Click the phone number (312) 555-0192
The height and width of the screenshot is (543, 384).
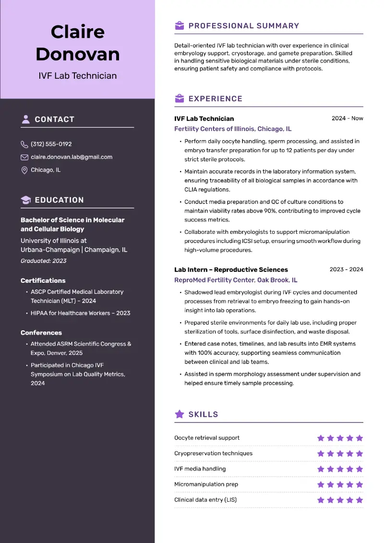tap(51, 144)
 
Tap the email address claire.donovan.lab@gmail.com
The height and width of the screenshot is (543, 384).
tap(72, 157)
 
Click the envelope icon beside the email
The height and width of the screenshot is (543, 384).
tap(24, 157)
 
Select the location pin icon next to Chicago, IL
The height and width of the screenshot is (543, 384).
tap(24, 170)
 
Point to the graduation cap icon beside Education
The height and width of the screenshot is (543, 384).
tap(26, 200)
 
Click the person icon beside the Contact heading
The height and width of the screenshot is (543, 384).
tap(26, 120)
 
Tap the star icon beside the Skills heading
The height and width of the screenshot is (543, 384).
tap(180, 414)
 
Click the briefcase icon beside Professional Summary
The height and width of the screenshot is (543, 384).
tap(180, 26)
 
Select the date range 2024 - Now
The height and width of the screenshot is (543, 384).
tap(348, 118)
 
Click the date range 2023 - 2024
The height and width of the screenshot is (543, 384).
tap(347, 269)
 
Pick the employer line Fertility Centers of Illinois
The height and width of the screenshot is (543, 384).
tap(233, 129)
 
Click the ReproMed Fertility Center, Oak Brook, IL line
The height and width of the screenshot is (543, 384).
tap(236, 280)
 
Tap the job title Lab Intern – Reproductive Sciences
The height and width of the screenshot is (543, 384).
tap(231, 270)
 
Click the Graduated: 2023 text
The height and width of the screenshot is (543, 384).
tap(44, 261)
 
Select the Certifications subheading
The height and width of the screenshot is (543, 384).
tap(43, 280)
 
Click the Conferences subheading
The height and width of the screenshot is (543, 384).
tap(41, 333)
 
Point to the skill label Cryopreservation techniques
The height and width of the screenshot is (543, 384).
tap(213, 453)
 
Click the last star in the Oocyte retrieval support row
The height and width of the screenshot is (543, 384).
tap(360, 438)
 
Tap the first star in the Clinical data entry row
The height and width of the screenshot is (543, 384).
tap(321, 500)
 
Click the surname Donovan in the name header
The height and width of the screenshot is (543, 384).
tap(78, 54)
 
